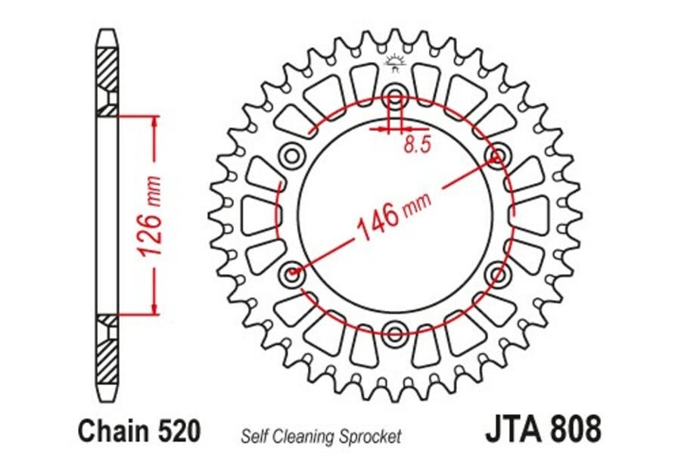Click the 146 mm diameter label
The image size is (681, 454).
[393, 216]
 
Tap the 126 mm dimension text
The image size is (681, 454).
[148, 215]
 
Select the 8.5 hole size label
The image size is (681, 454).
[418, 145]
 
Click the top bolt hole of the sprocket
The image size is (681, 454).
[395, 96]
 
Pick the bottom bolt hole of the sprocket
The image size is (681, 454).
[395, 334]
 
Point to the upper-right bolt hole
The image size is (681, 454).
[497, 156]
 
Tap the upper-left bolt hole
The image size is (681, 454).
[292, 156]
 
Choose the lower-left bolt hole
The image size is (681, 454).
[292, 275]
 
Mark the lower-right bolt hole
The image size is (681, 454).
[497, 275]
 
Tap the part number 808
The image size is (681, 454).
[576, 429]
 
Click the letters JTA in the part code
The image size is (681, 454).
[515, 429]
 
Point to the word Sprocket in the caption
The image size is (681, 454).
[371, 437]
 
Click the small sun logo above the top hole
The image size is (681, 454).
[395, 63]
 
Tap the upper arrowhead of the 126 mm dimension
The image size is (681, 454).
[154, 124]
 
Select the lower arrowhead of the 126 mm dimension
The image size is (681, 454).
[154, 306]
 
